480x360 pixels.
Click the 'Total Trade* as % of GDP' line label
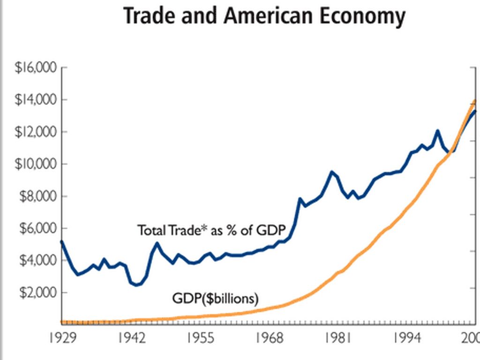point(211,230)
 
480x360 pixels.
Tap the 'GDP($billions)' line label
point(216,298)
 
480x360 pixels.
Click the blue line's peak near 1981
point(332,172)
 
